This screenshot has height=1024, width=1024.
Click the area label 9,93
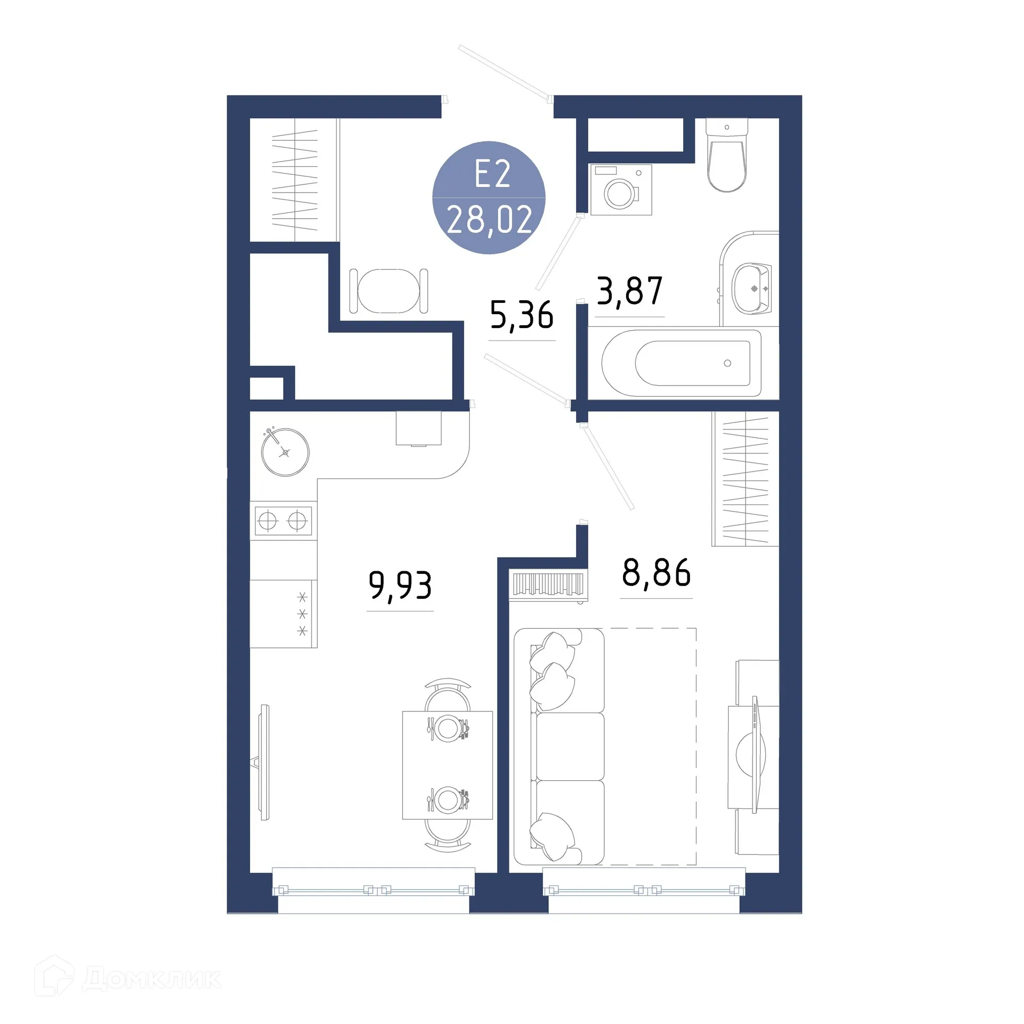400,586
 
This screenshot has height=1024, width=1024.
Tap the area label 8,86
656,573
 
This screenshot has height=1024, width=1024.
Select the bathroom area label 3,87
629,291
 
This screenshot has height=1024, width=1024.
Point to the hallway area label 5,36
522,315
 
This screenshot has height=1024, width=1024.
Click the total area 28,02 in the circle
489,220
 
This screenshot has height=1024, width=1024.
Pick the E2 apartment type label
492,174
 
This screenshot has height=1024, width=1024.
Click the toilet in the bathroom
726,155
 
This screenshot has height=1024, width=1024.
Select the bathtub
683,363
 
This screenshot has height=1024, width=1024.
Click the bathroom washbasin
752,288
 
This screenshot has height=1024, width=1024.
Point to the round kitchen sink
285,452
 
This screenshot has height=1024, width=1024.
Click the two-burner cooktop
283,520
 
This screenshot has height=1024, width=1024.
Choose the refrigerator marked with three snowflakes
283,613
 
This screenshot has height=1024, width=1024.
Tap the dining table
447,764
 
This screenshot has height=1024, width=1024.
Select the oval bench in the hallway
388,291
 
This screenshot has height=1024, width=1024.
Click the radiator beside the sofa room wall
548,585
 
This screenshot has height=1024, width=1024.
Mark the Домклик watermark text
152,979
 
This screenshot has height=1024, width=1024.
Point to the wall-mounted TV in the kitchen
265,763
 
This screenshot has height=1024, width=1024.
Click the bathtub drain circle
727,363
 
